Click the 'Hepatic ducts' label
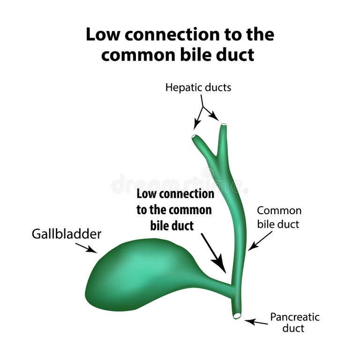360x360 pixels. pyautogui.click(x=198, y=88)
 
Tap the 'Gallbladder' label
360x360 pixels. pyautogui.click(x=66, y=234)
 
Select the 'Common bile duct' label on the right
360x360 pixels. pyautogui.click(x=278, y=217)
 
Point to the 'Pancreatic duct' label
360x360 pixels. pyautogui.click(x=294, y=322)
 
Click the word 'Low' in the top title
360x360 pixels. pyautogui.click(x=104, y=35)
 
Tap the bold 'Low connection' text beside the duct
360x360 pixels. pyautogui.click(x=175, y=194)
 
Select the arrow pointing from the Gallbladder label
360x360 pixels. pyautogui.click(x=86, y=248)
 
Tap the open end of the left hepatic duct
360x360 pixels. pyautogui.click(x=195, y=136)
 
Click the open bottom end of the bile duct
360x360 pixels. pyautogui.click(x=237, y=315)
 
